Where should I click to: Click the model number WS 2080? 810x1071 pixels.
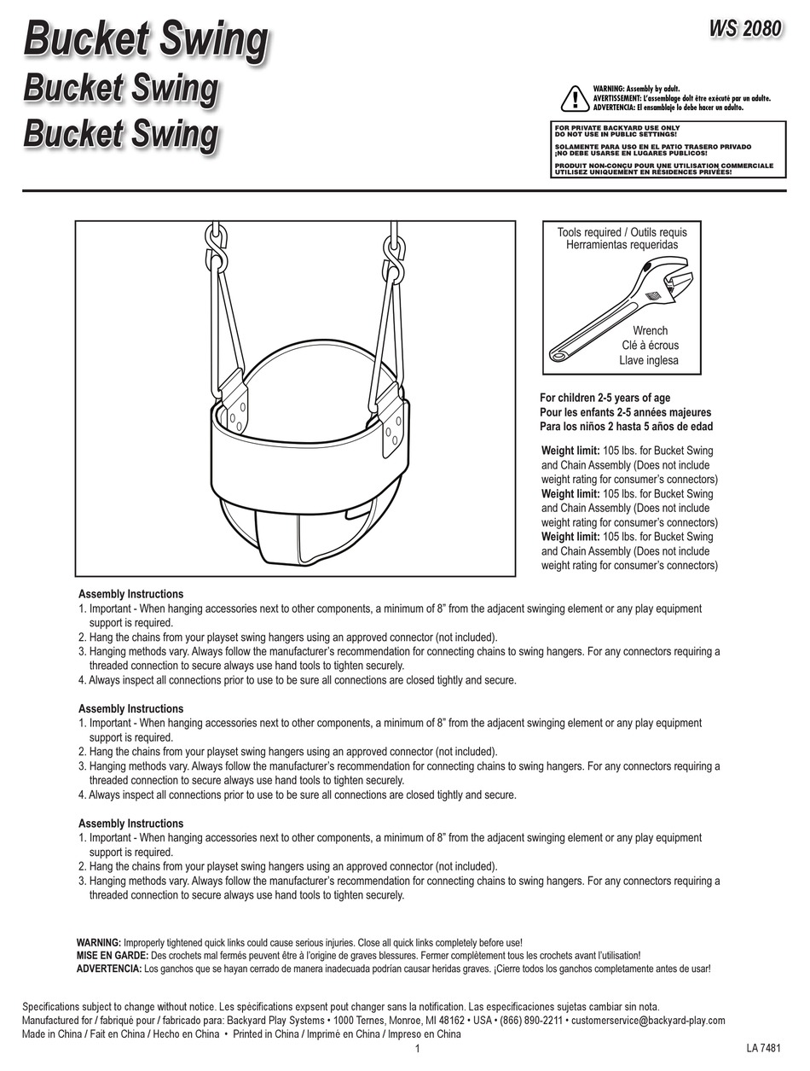[x=744, y=28]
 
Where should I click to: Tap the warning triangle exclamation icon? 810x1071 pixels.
[x=576, y=100]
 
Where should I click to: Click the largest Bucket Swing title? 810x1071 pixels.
[x=145, y=40]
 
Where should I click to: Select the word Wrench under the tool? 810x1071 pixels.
[x=650, y=330]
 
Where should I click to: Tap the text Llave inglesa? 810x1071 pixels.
[x=649, y=360]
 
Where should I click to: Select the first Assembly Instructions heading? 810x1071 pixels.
[x=130, y=594]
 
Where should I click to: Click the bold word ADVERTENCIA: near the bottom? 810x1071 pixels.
[x=109, y=969]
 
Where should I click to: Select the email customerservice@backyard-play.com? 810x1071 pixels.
[x=648, y=1021]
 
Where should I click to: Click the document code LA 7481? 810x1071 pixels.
[x=763, y=1048]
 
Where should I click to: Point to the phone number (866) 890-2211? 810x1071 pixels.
[x=531, y=1021]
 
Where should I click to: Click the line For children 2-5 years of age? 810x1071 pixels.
[x=605, y=398]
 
